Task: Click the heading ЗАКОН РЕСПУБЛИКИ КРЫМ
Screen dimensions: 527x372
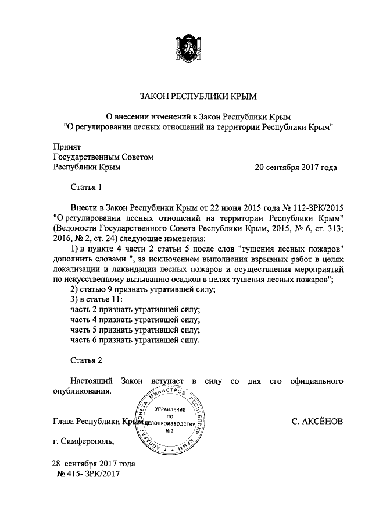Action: click(198, 94)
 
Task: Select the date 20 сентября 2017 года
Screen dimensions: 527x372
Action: click(296, 167)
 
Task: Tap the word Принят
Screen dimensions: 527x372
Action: click(66, 146)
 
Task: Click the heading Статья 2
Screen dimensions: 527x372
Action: click(86, 360)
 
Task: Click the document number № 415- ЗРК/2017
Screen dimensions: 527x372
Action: click(89, 474)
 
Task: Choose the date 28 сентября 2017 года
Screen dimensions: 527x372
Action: click(94, 464)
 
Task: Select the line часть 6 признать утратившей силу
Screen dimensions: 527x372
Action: click(135, 340)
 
